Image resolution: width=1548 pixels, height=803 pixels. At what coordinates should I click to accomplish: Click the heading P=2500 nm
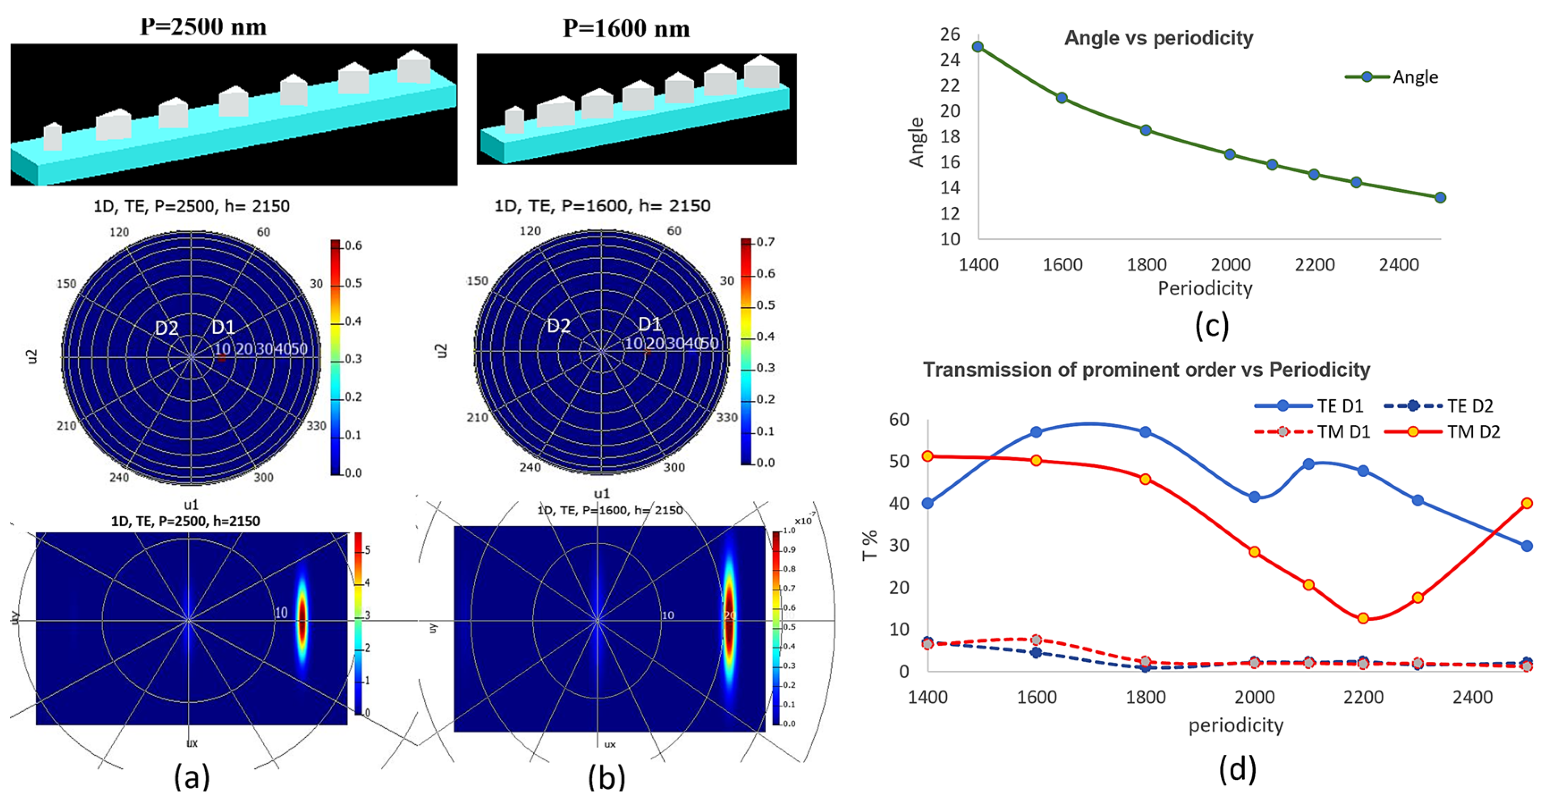click(203, 27)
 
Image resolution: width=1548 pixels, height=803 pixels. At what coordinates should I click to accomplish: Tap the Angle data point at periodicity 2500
click(1440, 198)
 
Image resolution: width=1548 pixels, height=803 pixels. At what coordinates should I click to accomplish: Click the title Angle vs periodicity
click(1158, 38)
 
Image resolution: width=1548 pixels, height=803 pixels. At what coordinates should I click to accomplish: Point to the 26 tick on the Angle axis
click(950, 34)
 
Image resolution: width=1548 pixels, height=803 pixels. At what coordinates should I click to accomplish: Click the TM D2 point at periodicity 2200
click(1363, 618)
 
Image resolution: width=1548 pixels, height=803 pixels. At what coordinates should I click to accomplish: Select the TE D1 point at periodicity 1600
click(1036, 433)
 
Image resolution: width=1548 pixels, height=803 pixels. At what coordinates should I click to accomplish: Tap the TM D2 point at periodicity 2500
click(1527, 503)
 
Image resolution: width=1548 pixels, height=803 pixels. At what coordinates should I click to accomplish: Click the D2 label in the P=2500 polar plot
click(166, 328)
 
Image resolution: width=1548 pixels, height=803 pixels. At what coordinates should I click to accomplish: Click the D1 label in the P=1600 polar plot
click(649, 324)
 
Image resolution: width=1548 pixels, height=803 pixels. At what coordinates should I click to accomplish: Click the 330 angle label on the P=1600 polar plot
click(726, 417)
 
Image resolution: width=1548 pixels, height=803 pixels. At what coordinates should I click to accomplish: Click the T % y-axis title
click(869, 545)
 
